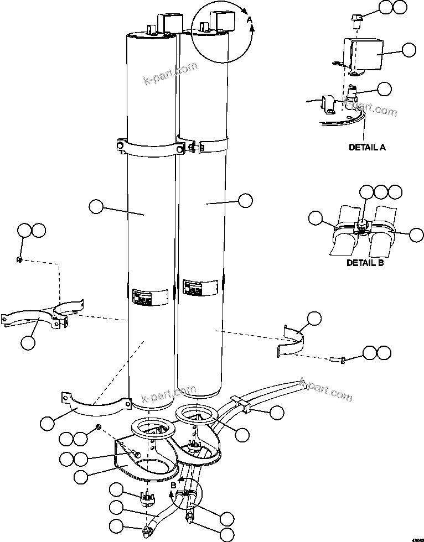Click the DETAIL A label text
pyautogui.click(x=366, y=147)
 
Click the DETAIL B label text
pyautogui.click(x=365, y=263)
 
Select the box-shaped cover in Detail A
pyautogui.click(x=362, y=55)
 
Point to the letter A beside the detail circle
pyautogui.click(x=249, y=19)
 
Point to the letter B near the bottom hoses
pyautogui.click(x=173, y=485)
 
